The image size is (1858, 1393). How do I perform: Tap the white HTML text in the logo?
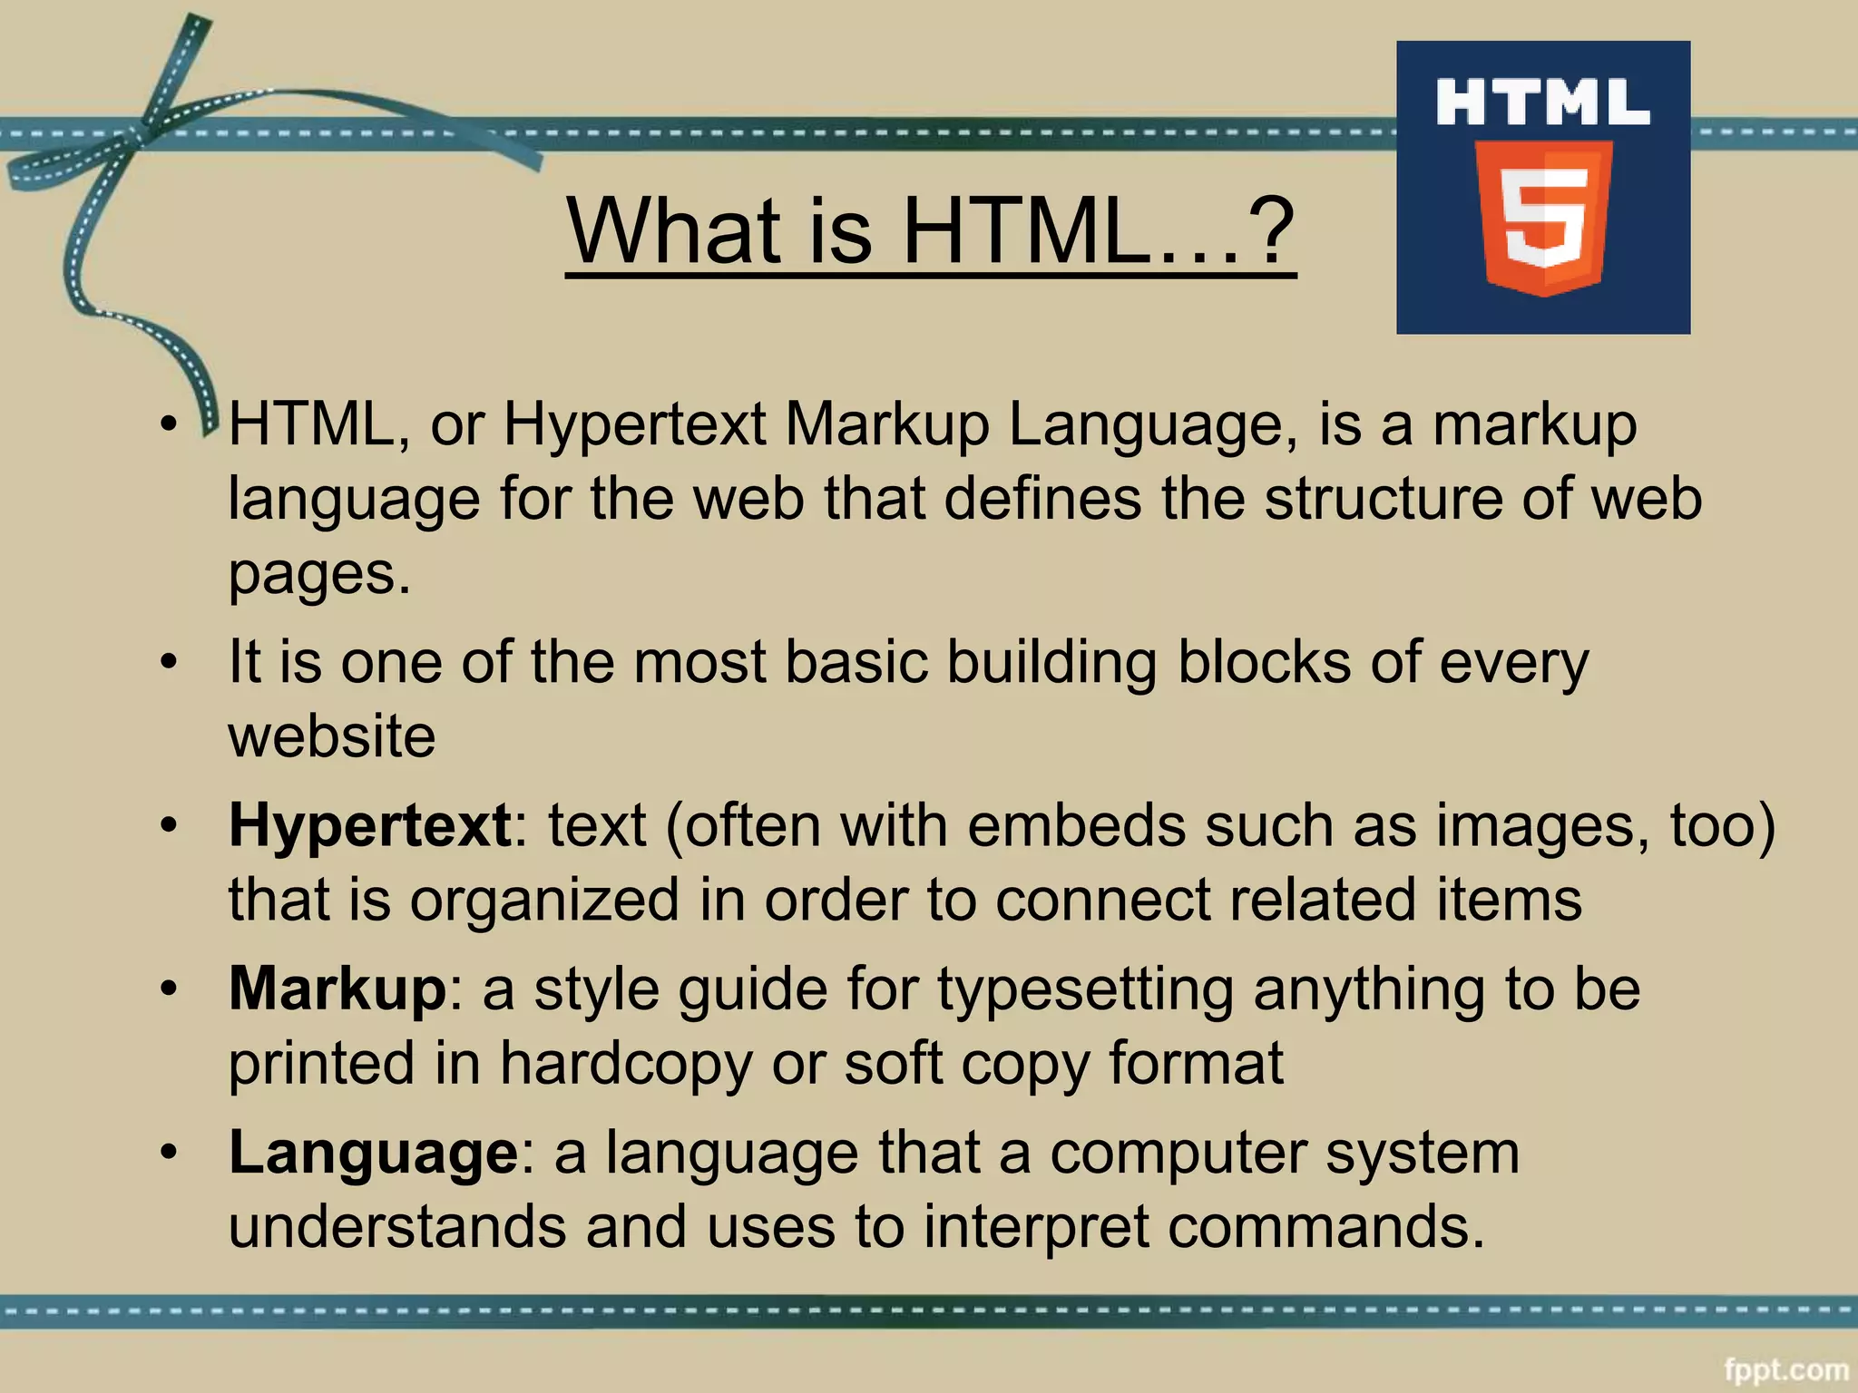[x=1542, y=102]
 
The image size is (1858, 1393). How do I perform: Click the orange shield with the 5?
[x=1543, y=218]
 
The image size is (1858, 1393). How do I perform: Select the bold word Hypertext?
[x=370, y=825]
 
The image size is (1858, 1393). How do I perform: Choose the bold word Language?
[x=373, y=1153]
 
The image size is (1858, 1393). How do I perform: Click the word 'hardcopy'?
[x=626, y=1063]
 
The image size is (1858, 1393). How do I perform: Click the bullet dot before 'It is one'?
[x=169, y=663]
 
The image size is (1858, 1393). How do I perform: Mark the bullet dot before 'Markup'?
[x=169, y=990]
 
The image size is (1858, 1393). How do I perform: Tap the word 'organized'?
[x=543, y=900]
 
